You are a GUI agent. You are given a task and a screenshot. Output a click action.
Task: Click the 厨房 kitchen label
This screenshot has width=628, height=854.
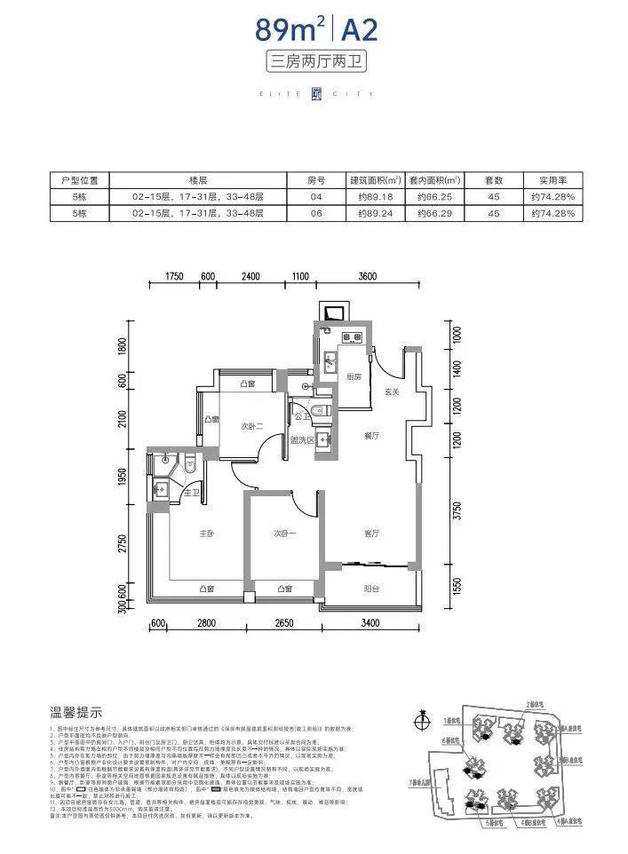point(353,376)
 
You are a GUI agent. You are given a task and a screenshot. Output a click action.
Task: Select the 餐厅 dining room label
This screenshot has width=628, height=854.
point(371,436)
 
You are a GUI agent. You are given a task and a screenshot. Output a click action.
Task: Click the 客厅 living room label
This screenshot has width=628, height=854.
point(371,534)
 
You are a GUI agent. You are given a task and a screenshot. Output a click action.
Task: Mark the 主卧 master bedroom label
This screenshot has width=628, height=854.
point(206,534)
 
